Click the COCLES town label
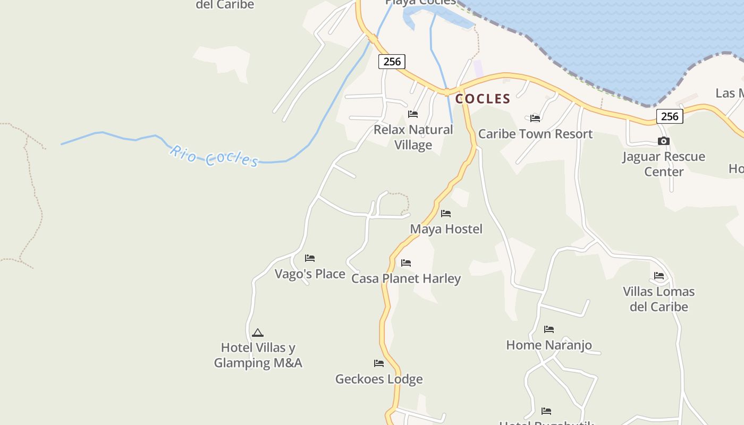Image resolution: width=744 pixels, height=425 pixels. [483, 99]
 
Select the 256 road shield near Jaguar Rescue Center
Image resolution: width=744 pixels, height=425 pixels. [670, 116]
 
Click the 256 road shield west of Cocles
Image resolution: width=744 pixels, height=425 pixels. [392, 62]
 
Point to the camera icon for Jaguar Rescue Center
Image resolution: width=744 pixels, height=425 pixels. [663, 141]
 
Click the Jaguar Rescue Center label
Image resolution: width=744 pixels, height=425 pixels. [664, 164]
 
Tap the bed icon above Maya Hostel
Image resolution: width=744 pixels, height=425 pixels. [446, 214]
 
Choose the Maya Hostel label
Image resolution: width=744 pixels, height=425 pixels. [446, 229]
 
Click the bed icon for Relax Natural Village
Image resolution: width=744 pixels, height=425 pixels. [413, 114]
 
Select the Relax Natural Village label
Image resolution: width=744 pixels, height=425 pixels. [413, 137]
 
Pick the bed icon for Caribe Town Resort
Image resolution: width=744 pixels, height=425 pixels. [535, 118]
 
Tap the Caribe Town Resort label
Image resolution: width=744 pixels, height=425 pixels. [535, 134]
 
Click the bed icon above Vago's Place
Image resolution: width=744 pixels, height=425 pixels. [310, 258]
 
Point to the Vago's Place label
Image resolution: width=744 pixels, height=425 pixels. [310, 274]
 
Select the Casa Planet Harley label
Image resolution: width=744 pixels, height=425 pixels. [406, 278]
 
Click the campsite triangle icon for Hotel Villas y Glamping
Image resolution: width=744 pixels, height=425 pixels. [258, 333]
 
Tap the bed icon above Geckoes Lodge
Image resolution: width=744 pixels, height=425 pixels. [379, 363]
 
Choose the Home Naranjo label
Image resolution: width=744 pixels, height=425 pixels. [549, 345]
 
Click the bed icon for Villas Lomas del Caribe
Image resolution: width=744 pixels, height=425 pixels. [659, 276]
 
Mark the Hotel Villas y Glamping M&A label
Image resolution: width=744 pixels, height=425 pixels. [258, 355]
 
